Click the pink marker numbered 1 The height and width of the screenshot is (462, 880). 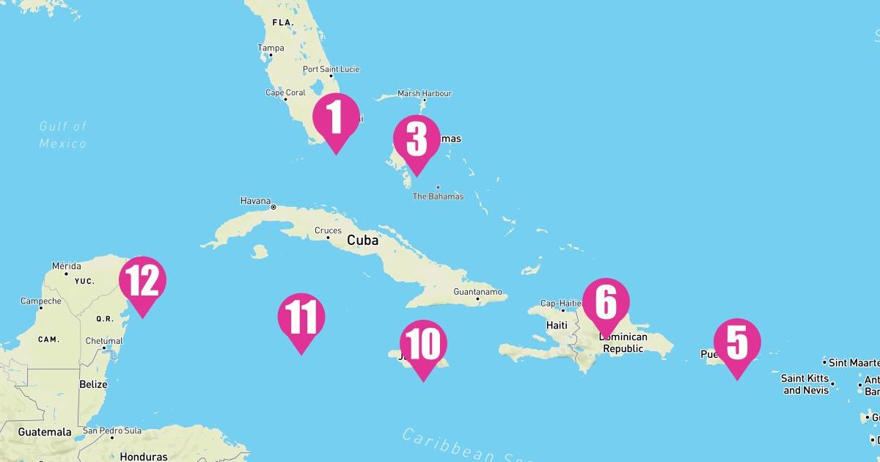pos(336,117)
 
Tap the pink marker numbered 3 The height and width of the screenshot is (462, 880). pos(417,139)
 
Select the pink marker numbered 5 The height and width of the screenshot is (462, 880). pos(737,342)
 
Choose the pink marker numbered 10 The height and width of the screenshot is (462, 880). pos(423,344)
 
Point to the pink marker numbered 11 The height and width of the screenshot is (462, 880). pos(301,318)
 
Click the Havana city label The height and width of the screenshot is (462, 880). pos(255,201)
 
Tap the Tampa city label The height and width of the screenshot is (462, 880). pos(271,48)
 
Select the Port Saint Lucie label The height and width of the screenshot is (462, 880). pos(331,70)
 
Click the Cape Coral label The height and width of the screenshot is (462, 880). pos(285,93)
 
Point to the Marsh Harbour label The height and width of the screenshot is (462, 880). pos(425,94)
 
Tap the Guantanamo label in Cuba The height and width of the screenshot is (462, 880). pos(478,292)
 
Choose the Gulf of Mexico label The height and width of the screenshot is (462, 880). pos(63,135)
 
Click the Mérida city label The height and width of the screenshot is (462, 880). pos(67,266)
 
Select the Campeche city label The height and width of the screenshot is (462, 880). pos(41,301)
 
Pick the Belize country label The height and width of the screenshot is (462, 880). pos(93,384)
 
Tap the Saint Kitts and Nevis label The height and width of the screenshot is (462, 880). pos(805,384)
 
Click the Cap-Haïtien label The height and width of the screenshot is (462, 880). pos(561,304)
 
